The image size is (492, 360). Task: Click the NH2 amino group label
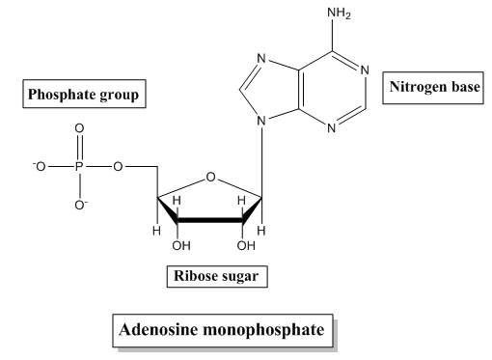pos(339,14)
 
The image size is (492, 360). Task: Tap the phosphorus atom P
pos(79,167)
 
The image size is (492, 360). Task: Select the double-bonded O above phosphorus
pos(79,128)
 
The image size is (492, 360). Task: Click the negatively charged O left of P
pos(39,167)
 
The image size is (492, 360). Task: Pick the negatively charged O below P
pos(81,205)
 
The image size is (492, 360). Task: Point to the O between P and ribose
pos(118,167)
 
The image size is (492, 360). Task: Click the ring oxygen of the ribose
pos(210,177)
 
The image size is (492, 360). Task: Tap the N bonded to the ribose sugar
pos(262,121)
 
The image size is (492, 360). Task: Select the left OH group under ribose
pos(181,246)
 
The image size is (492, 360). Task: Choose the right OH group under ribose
pos(246,246)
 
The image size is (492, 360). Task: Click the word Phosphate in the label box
pos(61,95)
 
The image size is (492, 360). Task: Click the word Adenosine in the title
pos(158,330)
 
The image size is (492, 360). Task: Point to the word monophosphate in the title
pos(264,330)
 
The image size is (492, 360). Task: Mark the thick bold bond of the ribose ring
pos(210,220)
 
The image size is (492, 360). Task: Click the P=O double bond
pos(79,148)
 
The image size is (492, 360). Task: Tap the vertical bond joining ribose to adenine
pos(262,161)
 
